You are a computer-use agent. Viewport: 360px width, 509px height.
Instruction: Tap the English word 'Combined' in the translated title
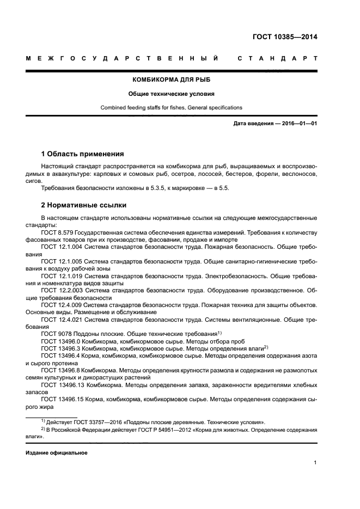pyautogui.click(x=113, y=107)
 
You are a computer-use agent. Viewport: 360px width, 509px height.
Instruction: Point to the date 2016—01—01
pyautogui.click(x=298, y=124)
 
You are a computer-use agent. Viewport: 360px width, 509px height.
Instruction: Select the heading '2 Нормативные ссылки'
pyautogui.click(x=84, y=205)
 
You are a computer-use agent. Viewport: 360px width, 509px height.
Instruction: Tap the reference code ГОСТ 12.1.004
pyautogui.click(x=60, y=247)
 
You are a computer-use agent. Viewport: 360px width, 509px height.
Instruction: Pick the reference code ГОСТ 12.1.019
pyautogui.click(x=60, y=276)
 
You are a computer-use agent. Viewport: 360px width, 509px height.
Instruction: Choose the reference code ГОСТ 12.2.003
pyautogui.click(x=60, y=290)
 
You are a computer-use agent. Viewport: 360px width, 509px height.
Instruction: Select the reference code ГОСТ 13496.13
pyautogui.click(x=62, y=385)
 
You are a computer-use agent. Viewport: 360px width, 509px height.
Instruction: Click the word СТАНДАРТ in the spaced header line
pyautogui.click(x=278, y=59)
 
